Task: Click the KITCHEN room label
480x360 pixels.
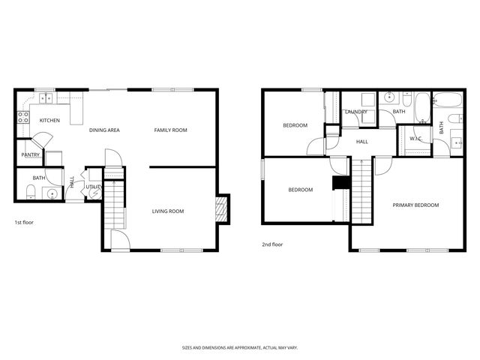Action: pyautogui.click(x=49, y=121)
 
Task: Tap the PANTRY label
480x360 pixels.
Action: pyautogui.click(x=31, y=154)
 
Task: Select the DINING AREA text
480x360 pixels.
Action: pyautogui.click(x=104, y=130)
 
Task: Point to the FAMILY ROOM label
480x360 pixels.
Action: pyautogui.click(x=170, y=130)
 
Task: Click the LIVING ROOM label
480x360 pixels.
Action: pyautogui.click(x=167, y=211)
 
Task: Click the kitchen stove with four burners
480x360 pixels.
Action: pyautogui.click(x=22, y=118)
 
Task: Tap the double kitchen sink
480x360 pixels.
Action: pyautogui.click(x=46, y=97)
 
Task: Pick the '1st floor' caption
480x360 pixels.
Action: pyautogui.click(x=24, y=223)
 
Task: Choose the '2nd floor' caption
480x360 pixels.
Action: pyautogui.click(x=272, y=244)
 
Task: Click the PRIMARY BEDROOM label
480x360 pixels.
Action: pyautogui.click(x=415, y=205)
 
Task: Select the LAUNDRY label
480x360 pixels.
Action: pyautogui.click(x=355, y=112)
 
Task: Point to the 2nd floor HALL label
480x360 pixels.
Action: pyautogui.click(x=361, y=141)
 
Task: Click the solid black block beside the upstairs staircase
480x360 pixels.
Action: pyautogui.click(x=341, y=184)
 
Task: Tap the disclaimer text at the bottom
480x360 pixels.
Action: pyautogui.click(x=239, y=347)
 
